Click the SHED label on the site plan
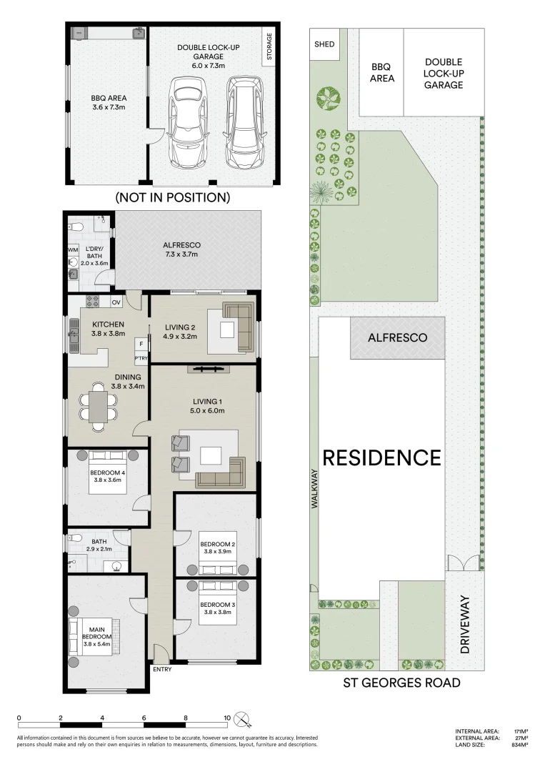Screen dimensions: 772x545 coord(324,44)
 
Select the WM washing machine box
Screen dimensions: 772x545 coord(73,249)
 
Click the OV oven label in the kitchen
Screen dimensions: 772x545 coord(116,301)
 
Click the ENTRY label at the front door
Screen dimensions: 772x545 coord(162,669)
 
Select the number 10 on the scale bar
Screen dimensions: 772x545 coord(226,718)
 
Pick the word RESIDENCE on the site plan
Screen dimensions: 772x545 coord(381,457)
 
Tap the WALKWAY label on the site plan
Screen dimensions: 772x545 coord(313,489)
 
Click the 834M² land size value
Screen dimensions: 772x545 coord(519,745)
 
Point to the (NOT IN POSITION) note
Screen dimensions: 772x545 coord(172,197)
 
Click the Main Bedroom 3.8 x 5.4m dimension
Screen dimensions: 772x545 coord(97,644)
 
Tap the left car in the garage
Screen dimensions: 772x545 coord(187,122)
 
